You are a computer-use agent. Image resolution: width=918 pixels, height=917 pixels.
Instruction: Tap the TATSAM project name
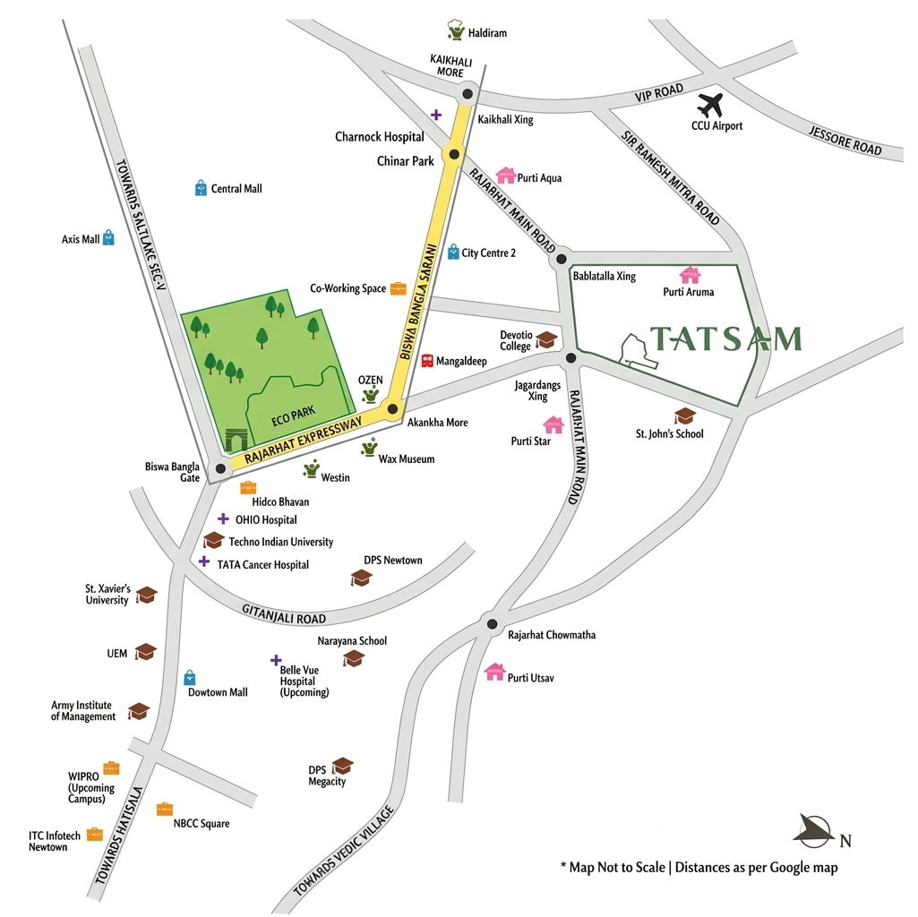[725, 339]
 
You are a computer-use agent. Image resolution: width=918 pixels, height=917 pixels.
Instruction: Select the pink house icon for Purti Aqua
[506, 175]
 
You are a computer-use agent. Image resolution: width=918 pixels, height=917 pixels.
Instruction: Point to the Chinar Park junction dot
[454, 155]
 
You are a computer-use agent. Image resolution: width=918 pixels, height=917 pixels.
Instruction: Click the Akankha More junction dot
[391, 410]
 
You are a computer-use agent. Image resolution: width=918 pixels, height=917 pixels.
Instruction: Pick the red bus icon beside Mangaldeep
[427, 361]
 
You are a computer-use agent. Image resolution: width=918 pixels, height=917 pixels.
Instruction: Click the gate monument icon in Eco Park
[236, 440]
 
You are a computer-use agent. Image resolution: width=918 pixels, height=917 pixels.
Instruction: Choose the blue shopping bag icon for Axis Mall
[108, 237]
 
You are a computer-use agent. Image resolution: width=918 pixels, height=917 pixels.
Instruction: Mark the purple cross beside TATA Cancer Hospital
[204, 561]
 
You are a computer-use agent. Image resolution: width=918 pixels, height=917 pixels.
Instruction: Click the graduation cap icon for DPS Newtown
[361, 578]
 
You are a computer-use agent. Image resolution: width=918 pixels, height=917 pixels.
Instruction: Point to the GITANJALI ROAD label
[284, 613]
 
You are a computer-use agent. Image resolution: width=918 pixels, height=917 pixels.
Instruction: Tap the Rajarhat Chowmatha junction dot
[491, 624]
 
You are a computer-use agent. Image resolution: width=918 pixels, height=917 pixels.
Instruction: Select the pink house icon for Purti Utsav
[494, 672]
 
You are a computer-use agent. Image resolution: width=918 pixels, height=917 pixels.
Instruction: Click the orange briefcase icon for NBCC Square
[164, 809]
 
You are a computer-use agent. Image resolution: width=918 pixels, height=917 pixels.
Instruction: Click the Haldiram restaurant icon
[457, 30]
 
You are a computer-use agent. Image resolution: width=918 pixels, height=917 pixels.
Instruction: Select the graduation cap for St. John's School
[684, 416]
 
